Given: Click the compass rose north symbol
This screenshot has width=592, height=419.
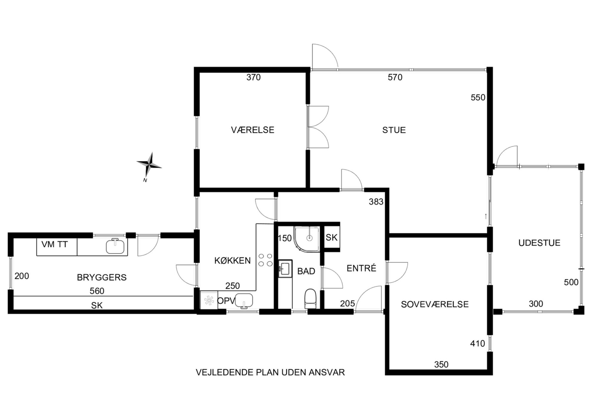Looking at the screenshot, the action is click(x=149, y=164).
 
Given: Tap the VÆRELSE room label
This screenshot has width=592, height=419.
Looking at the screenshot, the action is click(x=252, y=130).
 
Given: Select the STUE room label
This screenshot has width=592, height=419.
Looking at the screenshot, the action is click(x=394, y=130).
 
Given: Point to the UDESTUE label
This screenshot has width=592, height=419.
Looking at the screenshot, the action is click(x=539, y=243).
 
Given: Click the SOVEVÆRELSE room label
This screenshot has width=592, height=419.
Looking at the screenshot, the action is click(x=435, y=304).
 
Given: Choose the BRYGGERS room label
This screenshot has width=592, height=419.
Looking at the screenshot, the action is click(x=102, y=277).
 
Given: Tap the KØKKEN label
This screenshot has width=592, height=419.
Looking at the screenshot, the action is click(x=232, y=261).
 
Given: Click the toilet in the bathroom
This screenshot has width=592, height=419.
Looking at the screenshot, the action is click(x=310, y=298).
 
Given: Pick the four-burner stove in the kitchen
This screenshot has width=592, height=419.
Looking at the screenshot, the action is click(x=265, y=260).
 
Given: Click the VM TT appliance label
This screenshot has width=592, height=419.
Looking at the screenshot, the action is click(x=55, y=245).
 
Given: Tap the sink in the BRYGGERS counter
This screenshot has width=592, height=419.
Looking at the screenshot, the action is click(x=115, y=246).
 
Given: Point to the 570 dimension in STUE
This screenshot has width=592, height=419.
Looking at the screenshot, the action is click(x=395, y=77).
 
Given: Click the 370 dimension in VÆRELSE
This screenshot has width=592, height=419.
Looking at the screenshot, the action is click(x=253, y=77).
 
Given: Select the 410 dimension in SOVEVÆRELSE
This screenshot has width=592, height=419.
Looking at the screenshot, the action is click(x=477, y=344).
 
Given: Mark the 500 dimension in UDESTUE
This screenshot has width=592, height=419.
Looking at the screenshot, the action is click(x=571, y=282).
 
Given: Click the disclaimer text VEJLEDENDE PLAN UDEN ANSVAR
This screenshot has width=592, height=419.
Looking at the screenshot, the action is click(x=270, y=372).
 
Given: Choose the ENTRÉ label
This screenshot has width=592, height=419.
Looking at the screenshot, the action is click(x=361, y=268).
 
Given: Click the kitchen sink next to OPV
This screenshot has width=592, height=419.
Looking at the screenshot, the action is click(x=244, y=300).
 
